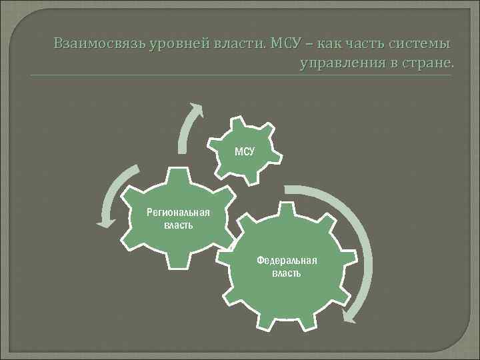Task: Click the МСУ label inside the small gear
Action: pos(244,151)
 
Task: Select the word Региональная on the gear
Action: pos(178,213)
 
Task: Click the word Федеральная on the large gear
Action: pos(287,261)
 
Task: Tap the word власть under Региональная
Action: pos(178,225)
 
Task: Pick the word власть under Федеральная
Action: pos(287,273)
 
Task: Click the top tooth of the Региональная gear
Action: pos(177,172)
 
